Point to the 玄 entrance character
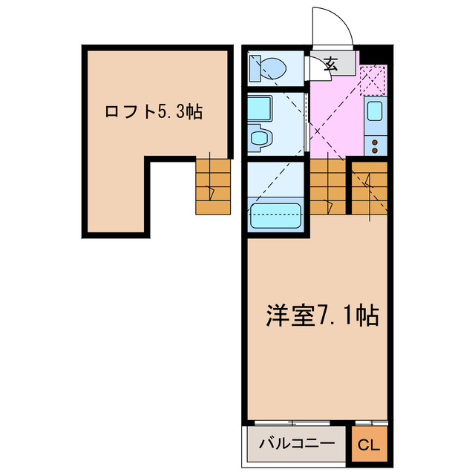331,65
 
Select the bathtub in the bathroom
276,216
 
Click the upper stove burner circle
376,139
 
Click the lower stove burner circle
376,148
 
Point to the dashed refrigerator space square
373,80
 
